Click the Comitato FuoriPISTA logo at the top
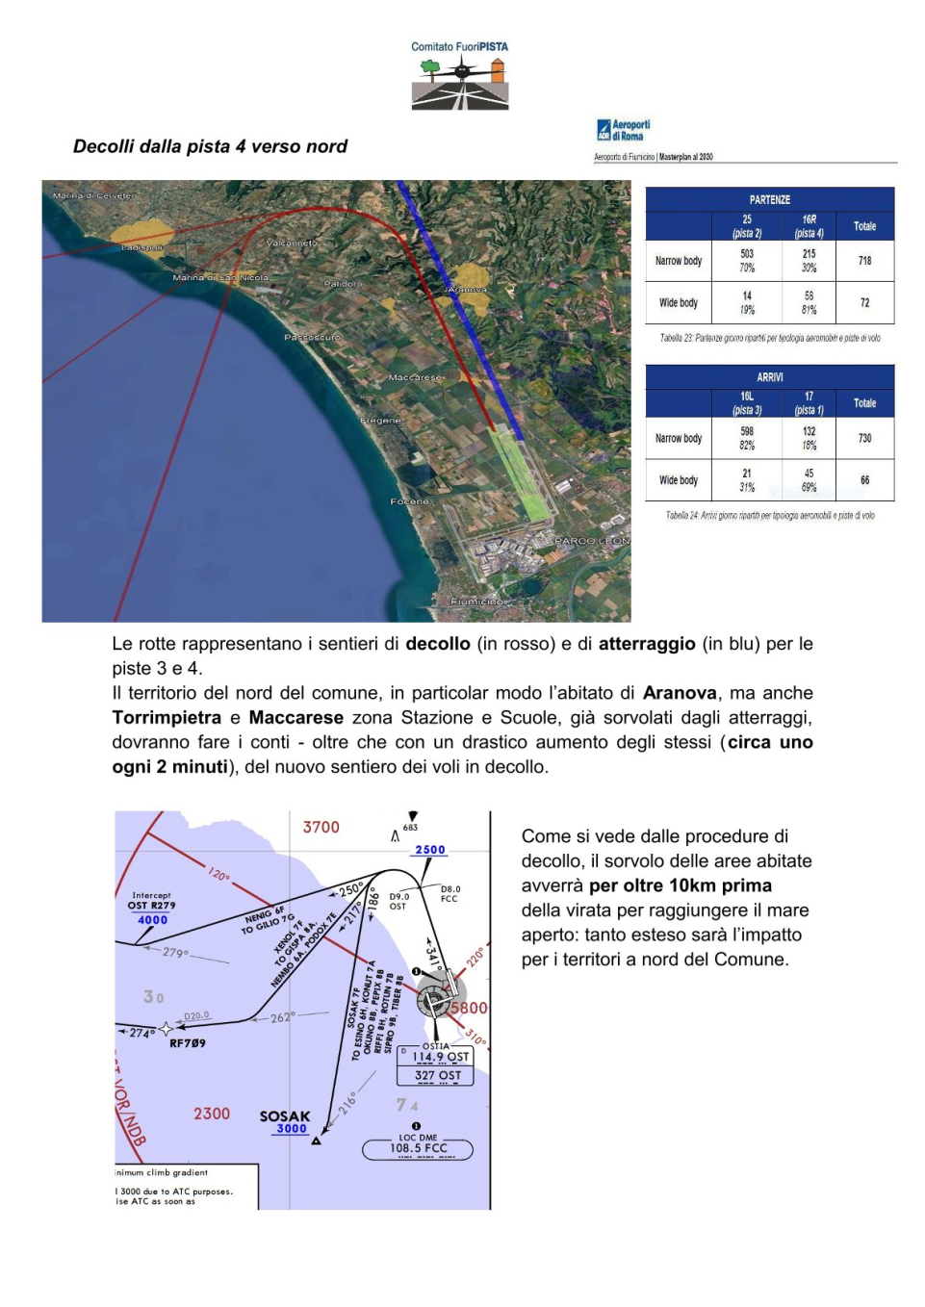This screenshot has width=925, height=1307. coord(460,76)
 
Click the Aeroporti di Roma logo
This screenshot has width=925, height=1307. coord(624,130)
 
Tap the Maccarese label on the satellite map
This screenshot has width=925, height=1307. coord(415,377)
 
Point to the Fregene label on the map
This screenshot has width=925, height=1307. coord(380,421)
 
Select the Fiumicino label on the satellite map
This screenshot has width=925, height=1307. coord(476,602)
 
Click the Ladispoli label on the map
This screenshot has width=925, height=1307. coord(141,248)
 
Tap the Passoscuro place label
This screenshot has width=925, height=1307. coord(312,338)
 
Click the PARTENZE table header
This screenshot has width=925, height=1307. coord(769,200)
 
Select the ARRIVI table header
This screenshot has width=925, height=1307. coord(769,377)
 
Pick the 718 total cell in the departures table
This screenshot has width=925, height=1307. coord(864,261)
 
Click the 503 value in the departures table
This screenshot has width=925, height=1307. coord(747,254)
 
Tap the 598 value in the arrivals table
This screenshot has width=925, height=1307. coord(747,431)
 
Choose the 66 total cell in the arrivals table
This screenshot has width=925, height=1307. coord(864,480)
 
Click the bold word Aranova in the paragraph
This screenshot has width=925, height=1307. coord(680,693)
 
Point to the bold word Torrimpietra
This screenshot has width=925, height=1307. coord(167,718)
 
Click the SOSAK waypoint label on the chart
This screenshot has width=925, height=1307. coord(285,1116)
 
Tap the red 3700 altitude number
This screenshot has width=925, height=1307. coord(321,828)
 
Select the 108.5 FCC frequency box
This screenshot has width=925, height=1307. coord(418,1148)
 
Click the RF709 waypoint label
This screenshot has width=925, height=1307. coord(188,1043)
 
